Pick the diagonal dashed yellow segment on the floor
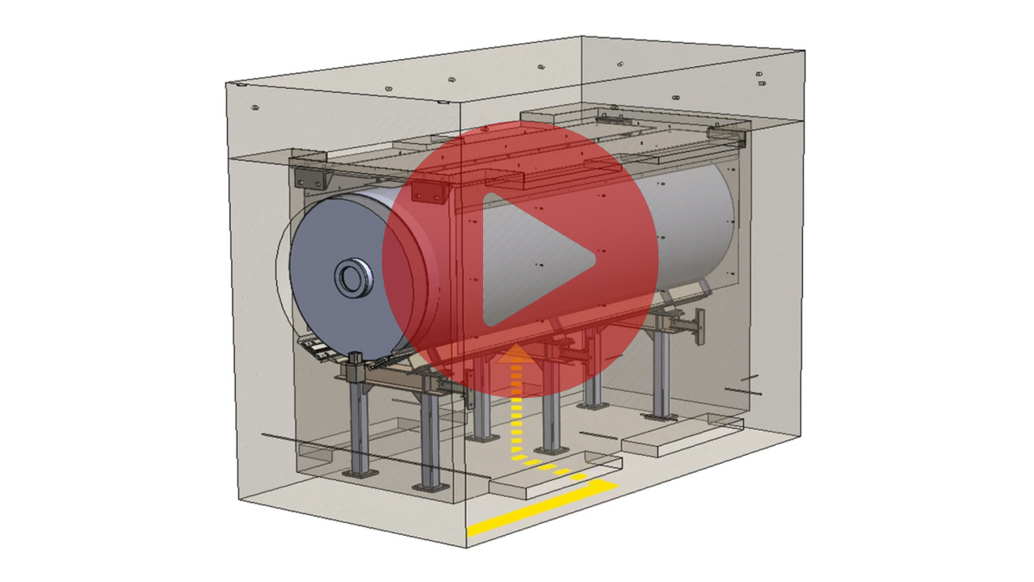click(557, 470)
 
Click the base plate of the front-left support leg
click(358, 471)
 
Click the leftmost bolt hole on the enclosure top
click(254, 107)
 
